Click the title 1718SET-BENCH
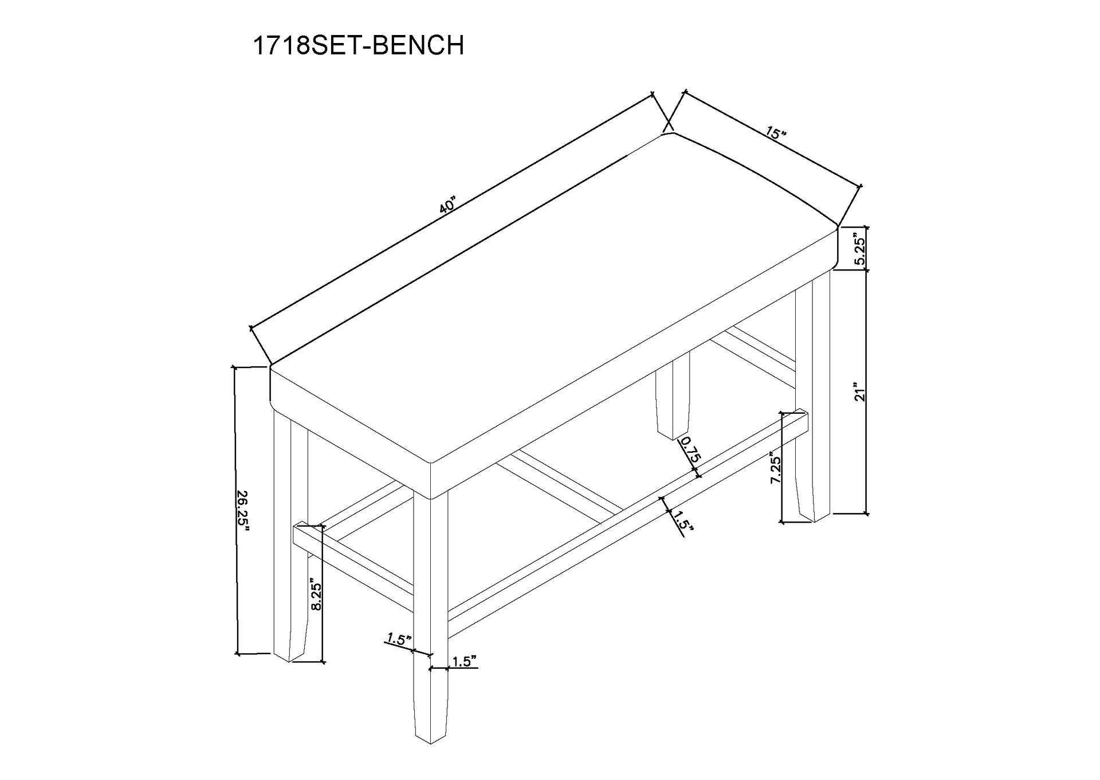pos(358,46)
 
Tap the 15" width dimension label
pos(776,134)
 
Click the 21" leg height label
pos(859,391)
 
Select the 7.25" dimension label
pos(776,470)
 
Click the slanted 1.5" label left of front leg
pos(399,638)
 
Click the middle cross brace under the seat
pos(559,487)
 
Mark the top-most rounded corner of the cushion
pos(667,135)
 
